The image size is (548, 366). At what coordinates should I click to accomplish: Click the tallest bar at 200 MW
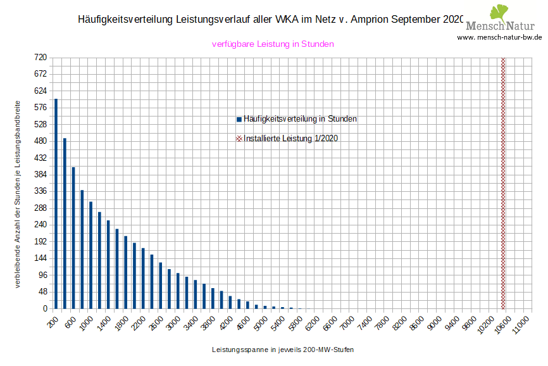tap(56, 203)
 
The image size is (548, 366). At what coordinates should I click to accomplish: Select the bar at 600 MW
tap(73, 237)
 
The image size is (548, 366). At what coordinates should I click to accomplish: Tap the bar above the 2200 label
tap(143, 278)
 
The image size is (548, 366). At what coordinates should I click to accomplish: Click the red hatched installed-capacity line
tap(503, 183)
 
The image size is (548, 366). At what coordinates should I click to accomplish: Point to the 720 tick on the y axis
tap(40, 58)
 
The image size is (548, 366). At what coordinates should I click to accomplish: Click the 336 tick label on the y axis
tap(40, 191)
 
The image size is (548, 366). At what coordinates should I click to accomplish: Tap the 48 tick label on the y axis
tap(42, 292)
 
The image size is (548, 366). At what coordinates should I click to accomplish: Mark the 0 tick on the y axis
tap(44, 308)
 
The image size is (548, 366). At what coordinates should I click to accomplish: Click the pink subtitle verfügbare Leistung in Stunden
tap(273, 44)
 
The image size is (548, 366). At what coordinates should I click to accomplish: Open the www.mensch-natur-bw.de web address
tap(499, 37)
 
